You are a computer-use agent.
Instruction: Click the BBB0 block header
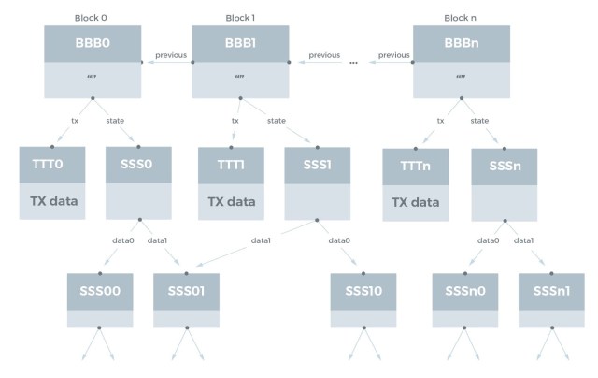93,43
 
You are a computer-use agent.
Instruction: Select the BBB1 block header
240,43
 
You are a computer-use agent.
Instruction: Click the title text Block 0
93,18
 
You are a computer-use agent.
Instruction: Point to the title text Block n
461,18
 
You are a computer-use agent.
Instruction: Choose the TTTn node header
414,166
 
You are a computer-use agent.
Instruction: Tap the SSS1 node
317,165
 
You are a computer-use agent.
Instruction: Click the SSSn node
505,166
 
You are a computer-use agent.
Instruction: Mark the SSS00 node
100,291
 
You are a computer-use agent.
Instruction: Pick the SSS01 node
187,291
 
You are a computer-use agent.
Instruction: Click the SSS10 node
363,291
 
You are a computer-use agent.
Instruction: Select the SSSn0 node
463,291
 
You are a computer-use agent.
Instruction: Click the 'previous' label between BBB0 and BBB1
171,55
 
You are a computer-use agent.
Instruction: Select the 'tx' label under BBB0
76,120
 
